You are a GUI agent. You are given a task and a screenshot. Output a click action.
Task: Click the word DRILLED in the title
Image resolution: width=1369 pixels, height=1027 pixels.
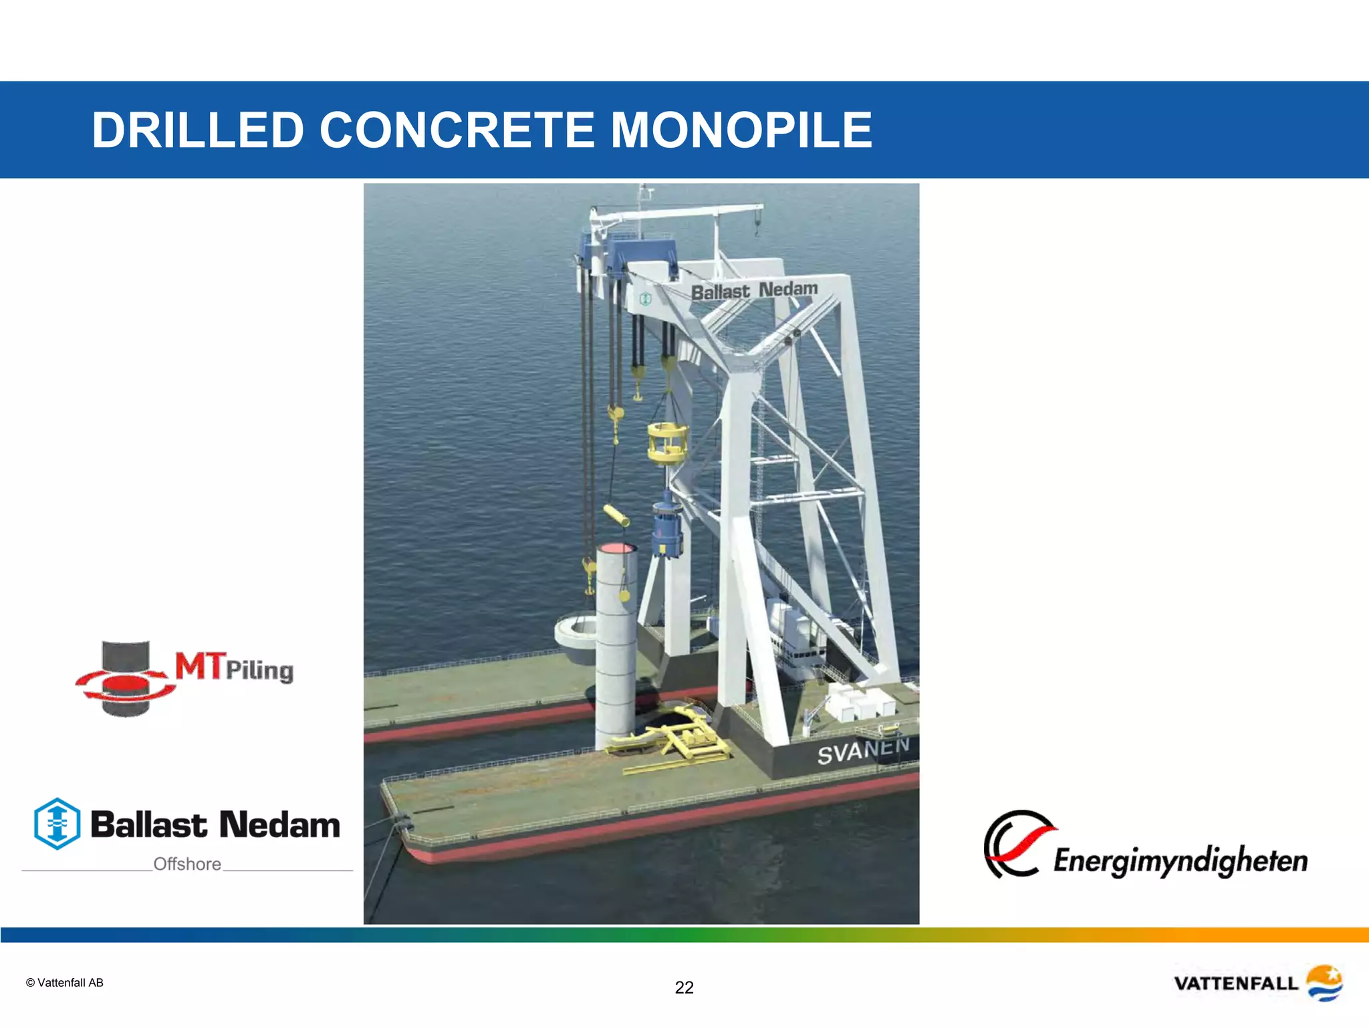(198, 130)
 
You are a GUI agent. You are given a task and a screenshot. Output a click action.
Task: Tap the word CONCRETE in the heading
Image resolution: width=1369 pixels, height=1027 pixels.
(457, 130)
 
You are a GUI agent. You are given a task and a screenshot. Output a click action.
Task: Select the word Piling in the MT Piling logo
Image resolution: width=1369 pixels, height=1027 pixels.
(259, 671)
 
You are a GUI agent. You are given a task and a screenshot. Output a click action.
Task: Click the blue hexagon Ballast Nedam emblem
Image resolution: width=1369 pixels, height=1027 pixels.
(57, 824)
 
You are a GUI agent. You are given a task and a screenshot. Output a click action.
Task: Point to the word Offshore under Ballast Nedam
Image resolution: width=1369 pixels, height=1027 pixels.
(187, 864)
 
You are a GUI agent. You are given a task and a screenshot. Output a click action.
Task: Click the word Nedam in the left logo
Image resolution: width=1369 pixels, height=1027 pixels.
(279, 824)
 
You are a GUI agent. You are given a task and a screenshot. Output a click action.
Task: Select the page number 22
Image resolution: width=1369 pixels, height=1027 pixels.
(684, 988)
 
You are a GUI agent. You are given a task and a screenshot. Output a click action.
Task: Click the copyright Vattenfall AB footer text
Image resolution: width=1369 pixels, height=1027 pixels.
(64, 983)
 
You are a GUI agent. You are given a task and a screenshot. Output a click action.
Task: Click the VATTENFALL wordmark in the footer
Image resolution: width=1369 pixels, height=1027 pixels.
(1235, 984)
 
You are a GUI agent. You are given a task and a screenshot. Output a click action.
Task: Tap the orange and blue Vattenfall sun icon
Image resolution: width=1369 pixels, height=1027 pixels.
(1324, 982)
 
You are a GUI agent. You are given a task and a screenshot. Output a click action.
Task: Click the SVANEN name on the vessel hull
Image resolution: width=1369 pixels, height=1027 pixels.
(862, 750)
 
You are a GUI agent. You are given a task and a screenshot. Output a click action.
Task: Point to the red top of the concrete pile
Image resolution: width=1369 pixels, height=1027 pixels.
(616, 548)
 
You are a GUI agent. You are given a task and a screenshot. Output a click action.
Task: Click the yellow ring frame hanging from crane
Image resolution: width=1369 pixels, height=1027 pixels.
(667, 443)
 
